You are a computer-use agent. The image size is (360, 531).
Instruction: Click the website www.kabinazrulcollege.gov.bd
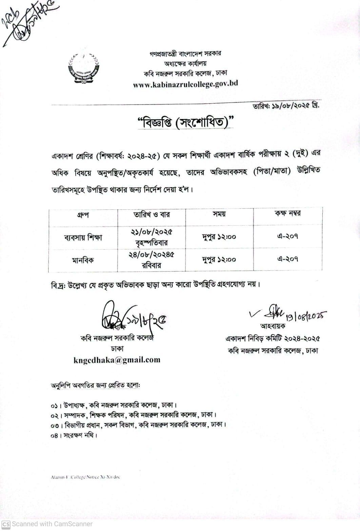[185, 84]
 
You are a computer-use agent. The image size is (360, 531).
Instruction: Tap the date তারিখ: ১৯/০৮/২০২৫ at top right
[285, 106]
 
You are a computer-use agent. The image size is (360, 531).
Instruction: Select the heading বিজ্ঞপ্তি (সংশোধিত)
[186, 122]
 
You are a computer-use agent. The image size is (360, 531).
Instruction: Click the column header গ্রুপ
[83, 215]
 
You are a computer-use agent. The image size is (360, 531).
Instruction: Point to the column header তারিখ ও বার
[152, 214]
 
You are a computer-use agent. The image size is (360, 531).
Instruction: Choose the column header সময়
[219, 214]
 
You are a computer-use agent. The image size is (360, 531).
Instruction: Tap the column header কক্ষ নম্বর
[287, 213]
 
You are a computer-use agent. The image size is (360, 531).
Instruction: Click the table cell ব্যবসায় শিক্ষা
[83, 237]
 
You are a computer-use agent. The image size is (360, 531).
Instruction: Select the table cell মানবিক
[83, 260]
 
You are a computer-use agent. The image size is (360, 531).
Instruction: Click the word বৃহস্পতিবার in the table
[151, 243]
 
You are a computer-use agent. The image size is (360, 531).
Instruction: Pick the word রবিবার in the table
[151, 265]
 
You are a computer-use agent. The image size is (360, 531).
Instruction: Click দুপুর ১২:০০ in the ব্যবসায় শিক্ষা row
[219, 237]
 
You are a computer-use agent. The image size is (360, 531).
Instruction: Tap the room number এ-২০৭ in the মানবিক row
[287, 259]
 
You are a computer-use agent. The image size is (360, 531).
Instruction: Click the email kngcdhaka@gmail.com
[117, 360]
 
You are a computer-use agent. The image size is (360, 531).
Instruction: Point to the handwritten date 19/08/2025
[305, 317]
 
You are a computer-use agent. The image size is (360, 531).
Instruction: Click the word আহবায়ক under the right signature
[273, 326]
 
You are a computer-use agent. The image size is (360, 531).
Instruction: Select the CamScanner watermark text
[47, 524]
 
